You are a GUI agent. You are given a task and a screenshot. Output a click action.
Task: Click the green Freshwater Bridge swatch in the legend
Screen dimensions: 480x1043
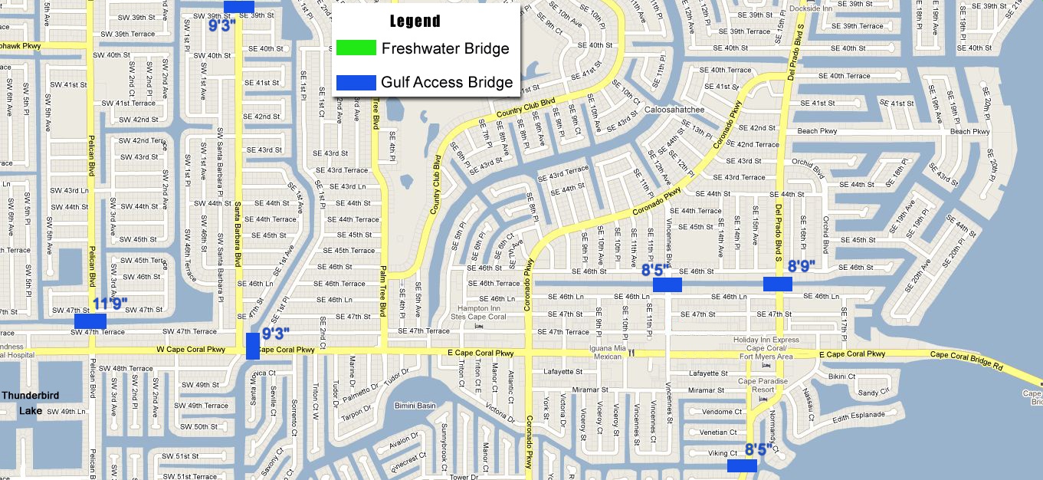[x=356, y=48]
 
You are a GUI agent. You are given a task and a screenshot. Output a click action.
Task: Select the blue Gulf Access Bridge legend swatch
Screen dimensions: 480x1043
[x=356, y=82]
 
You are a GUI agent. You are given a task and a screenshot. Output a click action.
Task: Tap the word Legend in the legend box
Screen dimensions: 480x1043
[x=415, y=21]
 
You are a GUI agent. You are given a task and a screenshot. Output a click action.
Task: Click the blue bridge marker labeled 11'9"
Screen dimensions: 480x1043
[x=90, y=321]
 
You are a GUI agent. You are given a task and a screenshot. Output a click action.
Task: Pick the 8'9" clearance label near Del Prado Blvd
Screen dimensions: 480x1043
[x=802, y=267]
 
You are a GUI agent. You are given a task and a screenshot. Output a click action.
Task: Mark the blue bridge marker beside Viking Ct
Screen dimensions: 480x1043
[x=742, y=465]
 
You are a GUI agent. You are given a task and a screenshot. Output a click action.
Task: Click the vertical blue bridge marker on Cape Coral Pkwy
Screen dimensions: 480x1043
[x=253, y=346]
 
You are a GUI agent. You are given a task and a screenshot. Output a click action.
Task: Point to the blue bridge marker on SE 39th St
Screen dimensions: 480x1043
[x=238, y=7]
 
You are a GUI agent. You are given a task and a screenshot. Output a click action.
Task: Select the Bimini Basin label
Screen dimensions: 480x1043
[x=415, y=406]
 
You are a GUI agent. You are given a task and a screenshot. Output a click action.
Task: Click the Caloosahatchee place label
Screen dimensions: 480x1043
[x=674, y=110]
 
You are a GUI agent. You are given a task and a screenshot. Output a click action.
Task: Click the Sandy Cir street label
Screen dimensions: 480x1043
[x=873, y=393]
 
